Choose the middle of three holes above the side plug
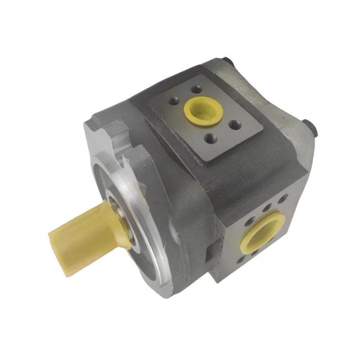267,209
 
